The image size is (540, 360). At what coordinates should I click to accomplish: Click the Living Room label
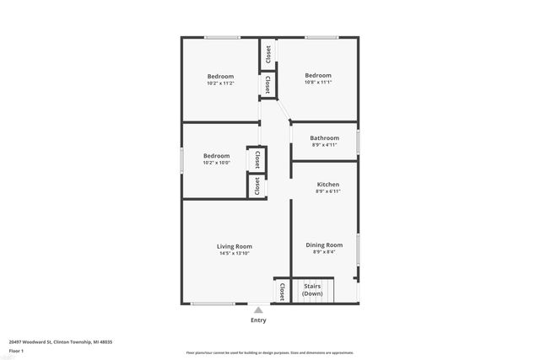tap(234, 245)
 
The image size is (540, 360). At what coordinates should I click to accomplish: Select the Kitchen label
tap(328, 185)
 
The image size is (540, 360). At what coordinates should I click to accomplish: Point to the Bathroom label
tap(325, 137)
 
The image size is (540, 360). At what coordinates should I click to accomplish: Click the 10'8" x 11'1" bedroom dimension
tap(318, 83)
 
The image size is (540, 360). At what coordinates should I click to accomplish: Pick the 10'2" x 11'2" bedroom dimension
tap(220, 83)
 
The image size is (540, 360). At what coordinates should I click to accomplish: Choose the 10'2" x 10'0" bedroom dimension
tap(217, 163)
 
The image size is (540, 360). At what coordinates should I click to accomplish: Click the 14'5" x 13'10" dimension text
tap(234, 253)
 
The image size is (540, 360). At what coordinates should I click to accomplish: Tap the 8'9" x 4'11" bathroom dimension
tap(325, 145)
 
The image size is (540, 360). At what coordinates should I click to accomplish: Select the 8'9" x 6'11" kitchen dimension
tap(328, 192)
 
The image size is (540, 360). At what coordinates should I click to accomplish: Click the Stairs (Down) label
tap(312, 290)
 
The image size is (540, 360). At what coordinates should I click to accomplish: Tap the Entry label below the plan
tap(258, 320)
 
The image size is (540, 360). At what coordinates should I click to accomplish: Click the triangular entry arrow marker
tap(258, 309)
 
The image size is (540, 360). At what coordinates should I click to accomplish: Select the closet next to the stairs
tap(282, 291)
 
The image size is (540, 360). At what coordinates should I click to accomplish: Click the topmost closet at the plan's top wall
tap(267, 54)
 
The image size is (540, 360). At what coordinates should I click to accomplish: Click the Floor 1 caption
tap(16, 350)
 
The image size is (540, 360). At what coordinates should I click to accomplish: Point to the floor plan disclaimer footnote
tap(269, 352)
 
